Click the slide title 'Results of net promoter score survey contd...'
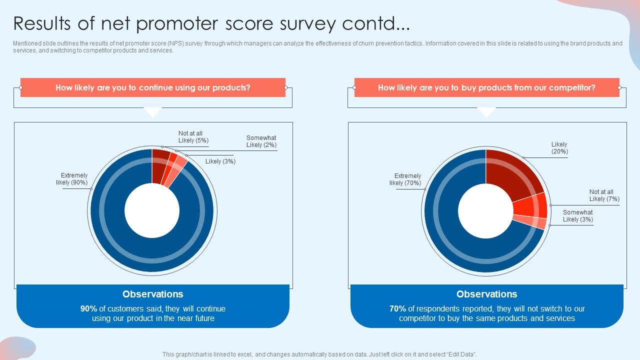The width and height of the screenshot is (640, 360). (x=211, y=23)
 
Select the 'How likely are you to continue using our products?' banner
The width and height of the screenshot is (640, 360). (x=153, y=87)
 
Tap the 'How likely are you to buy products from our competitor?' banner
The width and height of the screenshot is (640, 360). (x=486, y=87)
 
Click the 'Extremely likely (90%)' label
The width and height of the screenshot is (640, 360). (x=72, y=179)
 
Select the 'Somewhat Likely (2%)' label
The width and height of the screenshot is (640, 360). (x=261, y=141)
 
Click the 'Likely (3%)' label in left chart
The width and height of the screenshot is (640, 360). (x=220, y=161)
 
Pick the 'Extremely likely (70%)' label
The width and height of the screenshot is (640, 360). (x=406, y=179)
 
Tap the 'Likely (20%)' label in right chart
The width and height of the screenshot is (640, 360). (x=559, y=148)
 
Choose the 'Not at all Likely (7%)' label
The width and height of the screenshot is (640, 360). (x=603, y=195)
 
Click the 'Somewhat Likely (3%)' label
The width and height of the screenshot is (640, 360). (x=577, y=216)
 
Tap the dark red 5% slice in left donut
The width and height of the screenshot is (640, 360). (x=160, y=165)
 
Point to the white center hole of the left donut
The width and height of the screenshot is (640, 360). (x=152, y=210)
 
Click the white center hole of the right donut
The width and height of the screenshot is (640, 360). (x=485, y=210)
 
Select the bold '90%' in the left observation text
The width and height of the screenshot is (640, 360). (x=88, y=309)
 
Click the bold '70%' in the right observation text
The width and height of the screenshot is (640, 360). (x=397, y=309)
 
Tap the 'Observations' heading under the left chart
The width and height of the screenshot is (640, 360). (x=153, y=294)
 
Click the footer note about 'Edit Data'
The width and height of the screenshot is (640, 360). (x=320, y=354)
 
